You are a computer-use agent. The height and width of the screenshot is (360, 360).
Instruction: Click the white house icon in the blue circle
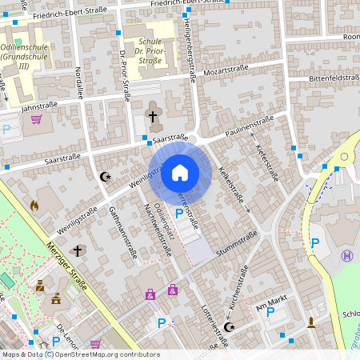[x=180, y=172]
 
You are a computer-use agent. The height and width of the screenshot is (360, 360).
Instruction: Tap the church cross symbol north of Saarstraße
[x=153, y=118]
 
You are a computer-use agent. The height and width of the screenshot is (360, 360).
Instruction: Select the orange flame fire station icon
[x=34, y=206]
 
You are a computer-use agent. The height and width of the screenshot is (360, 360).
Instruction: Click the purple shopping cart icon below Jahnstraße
[x=36, y=119]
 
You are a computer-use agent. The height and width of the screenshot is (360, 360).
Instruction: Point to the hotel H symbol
[x=346, y=256]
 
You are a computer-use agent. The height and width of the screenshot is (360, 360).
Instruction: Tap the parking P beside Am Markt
[x=270, y=311]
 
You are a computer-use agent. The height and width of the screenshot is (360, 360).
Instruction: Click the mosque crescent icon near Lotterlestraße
[x=230, y=327]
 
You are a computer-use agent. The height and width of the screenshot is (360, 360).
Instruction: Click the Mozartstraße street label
[x=225, y=70]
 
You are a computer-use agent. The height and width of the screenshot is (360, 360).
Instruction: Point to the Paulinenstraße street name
[x=249, y=125]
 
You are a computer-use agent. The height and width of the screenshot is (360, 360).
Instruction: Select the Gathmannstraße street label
[x=121, y=233]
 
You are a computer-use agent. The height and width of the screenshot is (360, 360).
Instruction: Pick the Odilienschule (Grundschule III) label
[x=25, y=57]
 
